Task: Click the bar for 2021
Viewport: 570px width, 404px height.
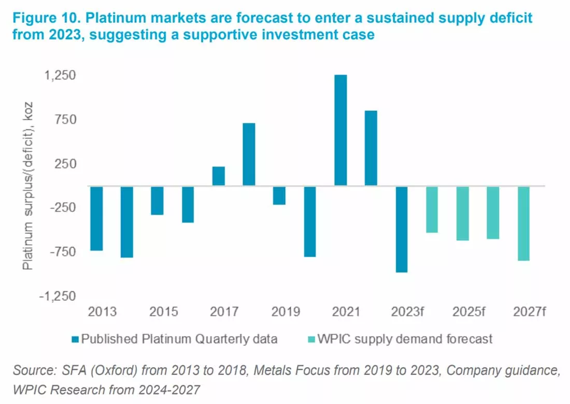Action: [x=340, y=130]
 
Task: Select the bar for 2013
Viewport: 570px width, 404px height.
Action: [x=96, y=218]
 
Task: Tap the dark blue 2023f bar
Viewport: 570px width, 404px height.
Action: [x=402, y=229]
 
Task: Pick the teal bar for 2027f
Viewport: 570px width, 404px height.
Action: [x=523, y=224]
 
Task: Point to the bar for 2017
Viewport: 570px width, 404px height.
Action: [x=219, y=176]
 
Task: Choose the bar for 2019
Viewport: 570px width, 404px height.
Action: [x=279, y=196]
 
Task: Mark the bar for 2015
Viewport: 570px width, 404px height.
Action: [x=158, y=201]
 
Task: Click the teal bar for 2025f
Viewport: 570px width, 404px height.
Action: [x=463, y=213]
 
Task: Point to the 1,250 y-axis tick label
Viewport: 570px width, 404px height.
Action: [x=60, y=75]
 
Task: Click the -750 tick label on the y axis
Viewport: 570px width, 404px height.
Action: [x=63, y=252]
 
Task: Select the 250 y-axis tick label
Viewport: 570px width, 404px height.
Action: [x=65, y=163]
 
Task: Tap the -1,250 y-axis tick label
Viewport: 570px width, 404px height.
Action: [x=58, y=296]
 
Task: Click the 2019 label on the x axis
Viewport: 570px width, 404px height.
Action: [x=286, y=312]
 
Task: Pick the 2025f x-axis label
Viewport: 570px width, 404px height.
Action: [x=468, y=312]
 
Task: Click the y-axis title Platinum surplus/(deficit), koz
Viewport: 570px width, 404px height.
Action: [x=27, y=186]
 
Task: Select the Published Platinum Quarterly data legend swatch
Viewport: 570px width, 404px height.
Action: [x=75, y=340]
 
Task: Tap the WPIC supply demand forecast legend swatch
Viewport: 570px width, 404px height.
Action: [x=311, y=340]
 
